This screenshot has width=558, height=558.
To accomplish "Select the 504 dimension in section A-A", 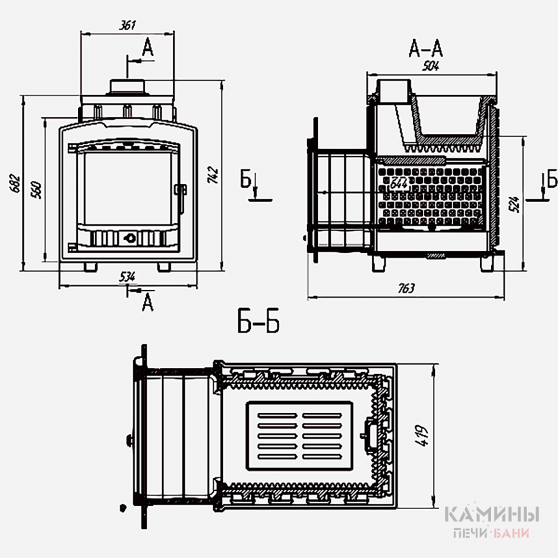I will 432,67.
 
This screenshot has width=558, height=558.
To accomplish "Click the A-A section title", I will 426,48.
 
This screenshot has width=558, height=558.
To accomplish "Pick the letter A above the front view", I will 147,47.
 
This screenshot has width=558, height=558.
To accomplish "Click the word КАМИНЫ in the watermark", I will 492,515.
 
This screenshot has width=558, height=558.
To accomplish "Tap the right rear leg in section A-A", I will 488,263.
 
